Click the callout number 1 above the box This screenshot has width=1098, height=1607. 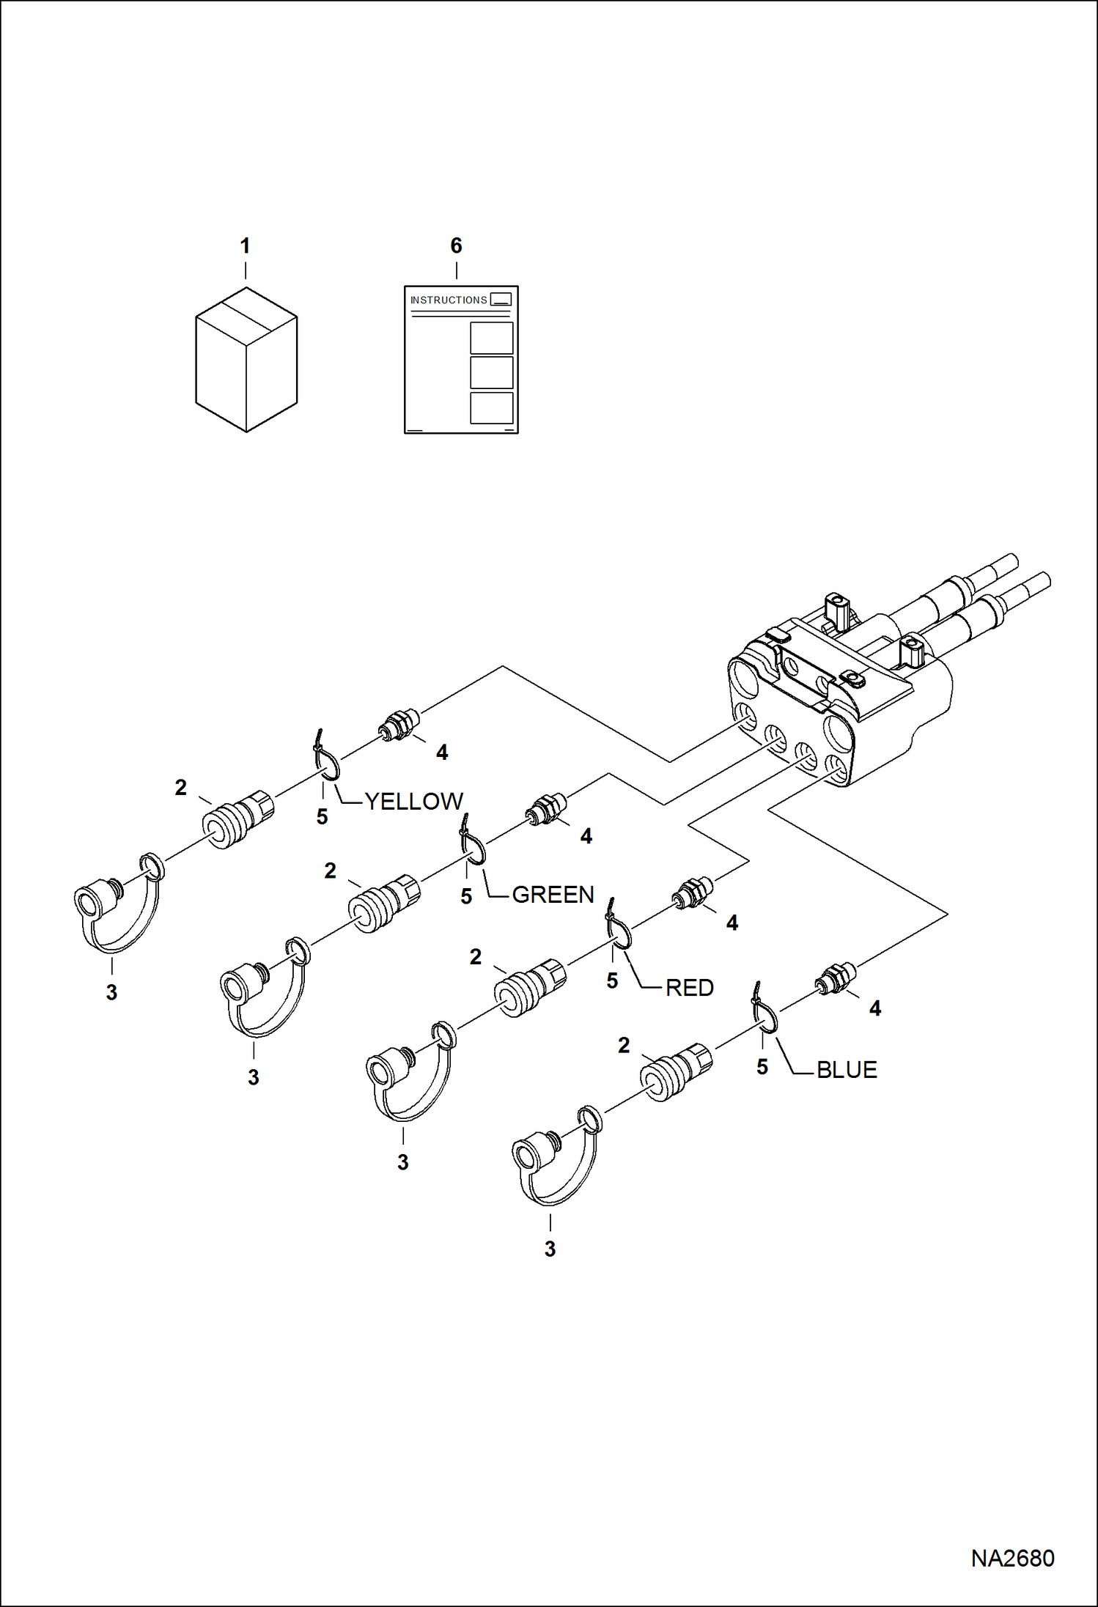pyautogui.click(x=246, y=246)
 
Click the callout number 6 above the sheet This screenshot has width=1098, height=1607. pyautogui.click(x=456, y=246)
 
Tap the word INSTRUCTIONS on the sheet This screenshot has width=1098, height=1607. pyautogui.click(x=448, y=300)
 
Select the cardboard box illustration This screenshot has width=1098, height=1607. pyautogui.click(x=246, y=359)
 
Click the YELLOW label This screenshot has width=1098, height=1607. pyautogui.click(x=413, y=801)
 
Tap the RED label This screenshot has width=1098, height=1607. pyautogui.click(x=689, y=987)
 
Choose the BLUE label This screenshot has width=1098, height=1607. pyautogui.click(x=846, y=1069)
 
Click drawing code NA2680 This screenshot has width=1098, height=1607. pyautogui.click(x=1012, y=1558)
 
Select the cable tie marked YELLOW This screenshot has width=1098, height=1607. pyautogui.click(x=327, y=762)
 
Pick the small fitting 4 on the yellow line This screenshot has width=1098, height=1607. pyautogui.click(x=399, y=724)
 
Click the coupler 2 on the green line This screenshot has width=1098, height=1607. pyautogui.click(x=383, y=903)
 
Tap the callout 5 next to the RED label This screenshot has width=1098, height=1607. pyautogui.click(x=612, y=981)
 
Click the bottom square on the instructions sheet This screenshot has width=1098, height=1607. pyautogui.click(x=491, y=408)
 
